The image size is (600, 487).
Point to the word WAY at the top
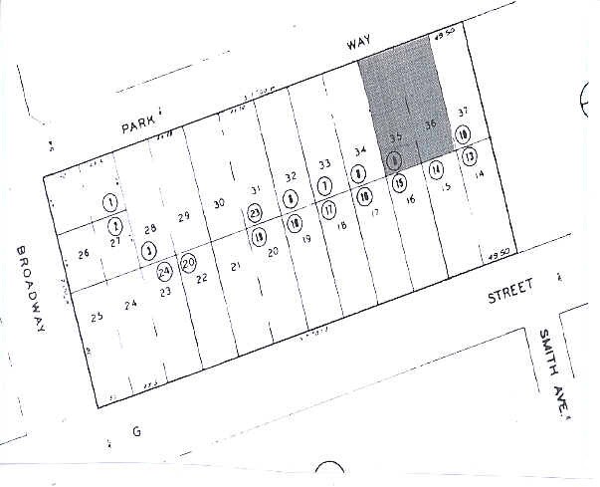[x=357, y=46]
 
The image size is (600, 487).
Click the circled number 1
[x=108, y=202]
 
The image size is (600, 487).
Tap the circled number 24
[x=164, y=269]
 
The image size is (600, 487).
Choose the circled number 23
[x=256, y=212]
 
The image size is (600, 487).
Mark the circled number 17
[x=328, y=209]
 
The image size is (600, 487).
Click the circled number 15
[x=399, y=183]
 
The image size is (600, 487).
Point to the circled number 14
[x=436, y=170]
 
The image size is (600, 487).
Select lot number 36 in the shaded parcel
[x=430, y=124]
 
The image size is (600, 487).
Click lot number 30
[x=219, y=203]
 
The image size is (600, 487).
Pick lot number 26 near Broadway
[x=84, y=253]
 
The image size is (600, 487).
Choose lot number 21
[x=236, y=266]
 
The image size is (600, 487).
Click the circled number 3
[x=149, y=250]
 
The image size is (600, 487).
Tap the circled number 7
[x=324, y=186]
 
